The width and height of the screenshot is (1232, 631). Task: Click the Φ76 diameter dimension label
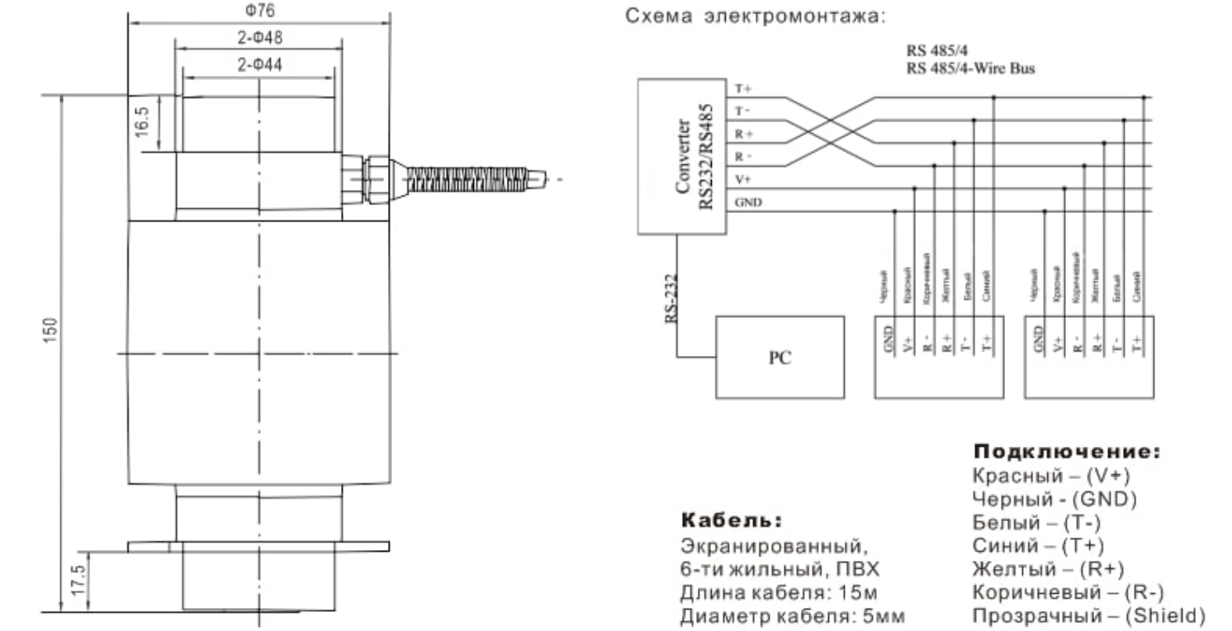259,12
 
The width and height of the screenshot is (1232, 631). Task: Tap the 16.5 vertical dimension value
142,123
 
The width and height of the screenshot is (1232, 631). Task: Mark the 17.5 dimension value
75,581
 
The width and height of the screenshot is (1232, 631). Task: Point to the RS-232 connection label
672,298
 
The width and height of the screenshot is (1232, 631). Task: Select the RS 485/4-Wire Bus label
969,69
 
